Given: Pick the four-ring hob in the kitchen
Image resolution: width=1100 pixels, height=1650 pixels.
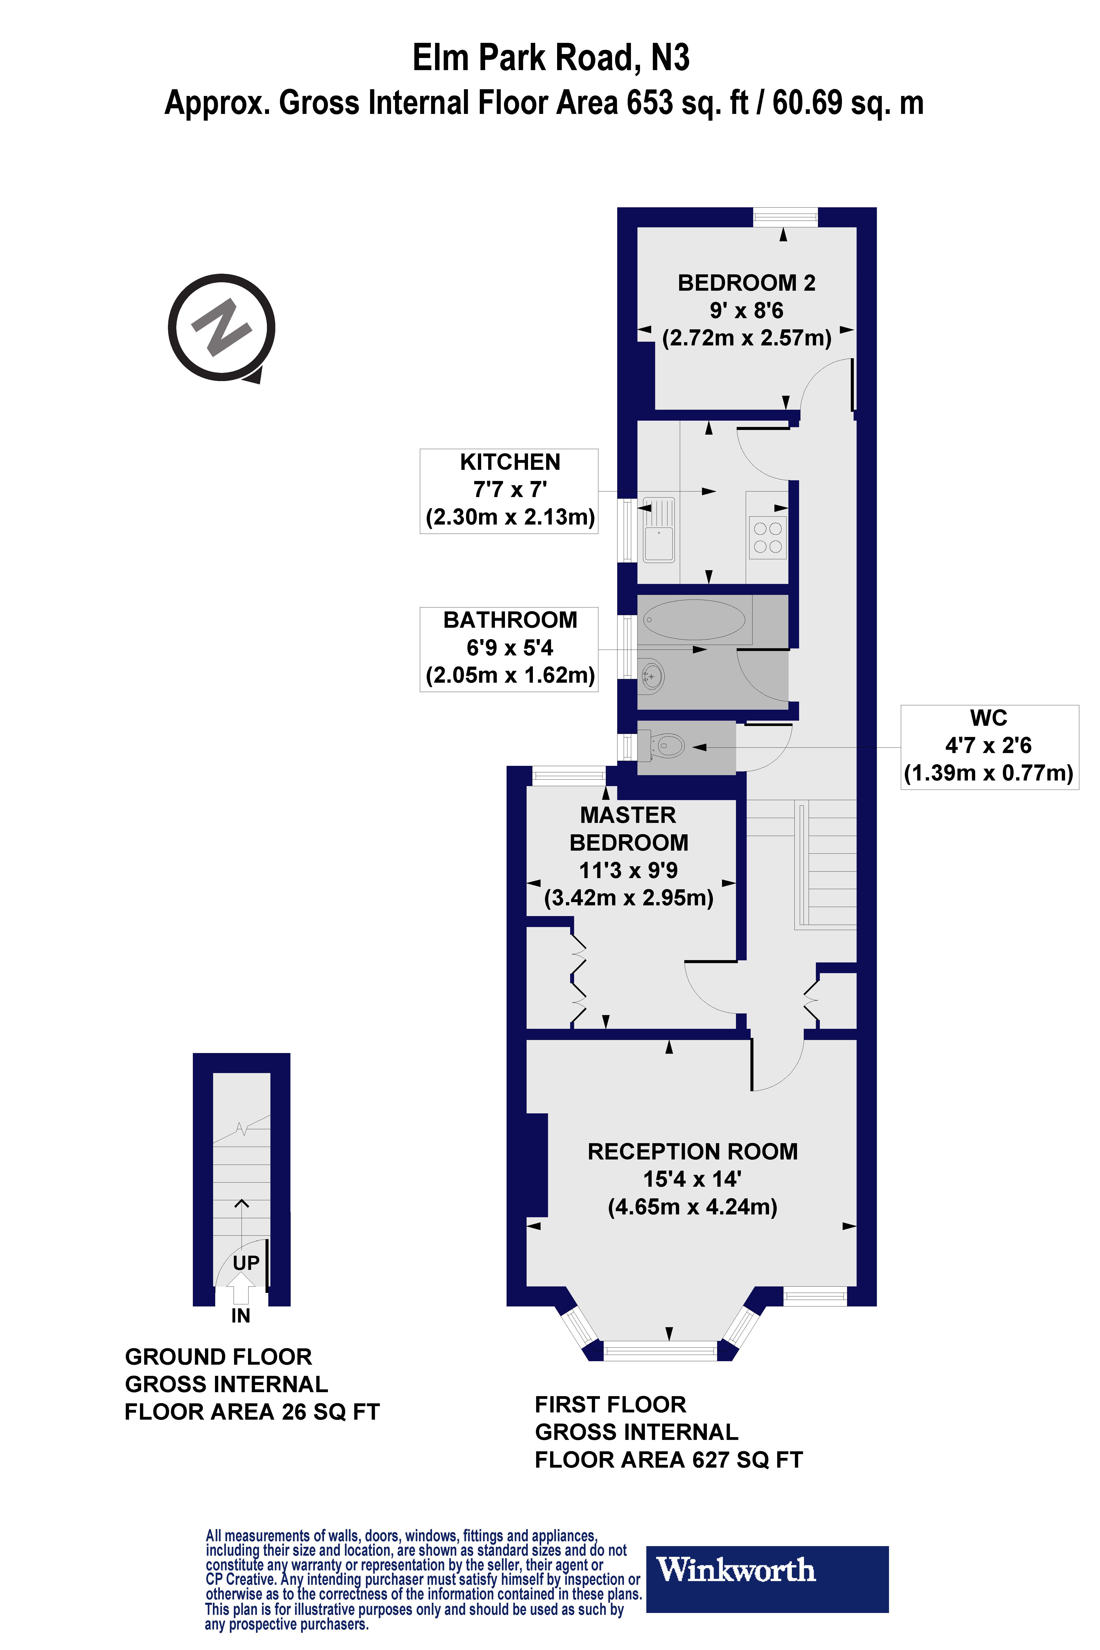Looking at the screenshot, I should pyautogui.click(x=767, y=537).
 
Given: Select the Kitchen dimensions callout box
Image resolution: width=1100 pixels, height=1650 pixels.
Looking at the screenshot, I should pyautogui.click(x=509, y=491).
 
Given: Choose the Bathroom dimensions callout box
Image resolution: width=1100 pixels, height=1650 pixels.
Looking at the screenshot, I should pyautogui.click(x=509, y=649).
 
